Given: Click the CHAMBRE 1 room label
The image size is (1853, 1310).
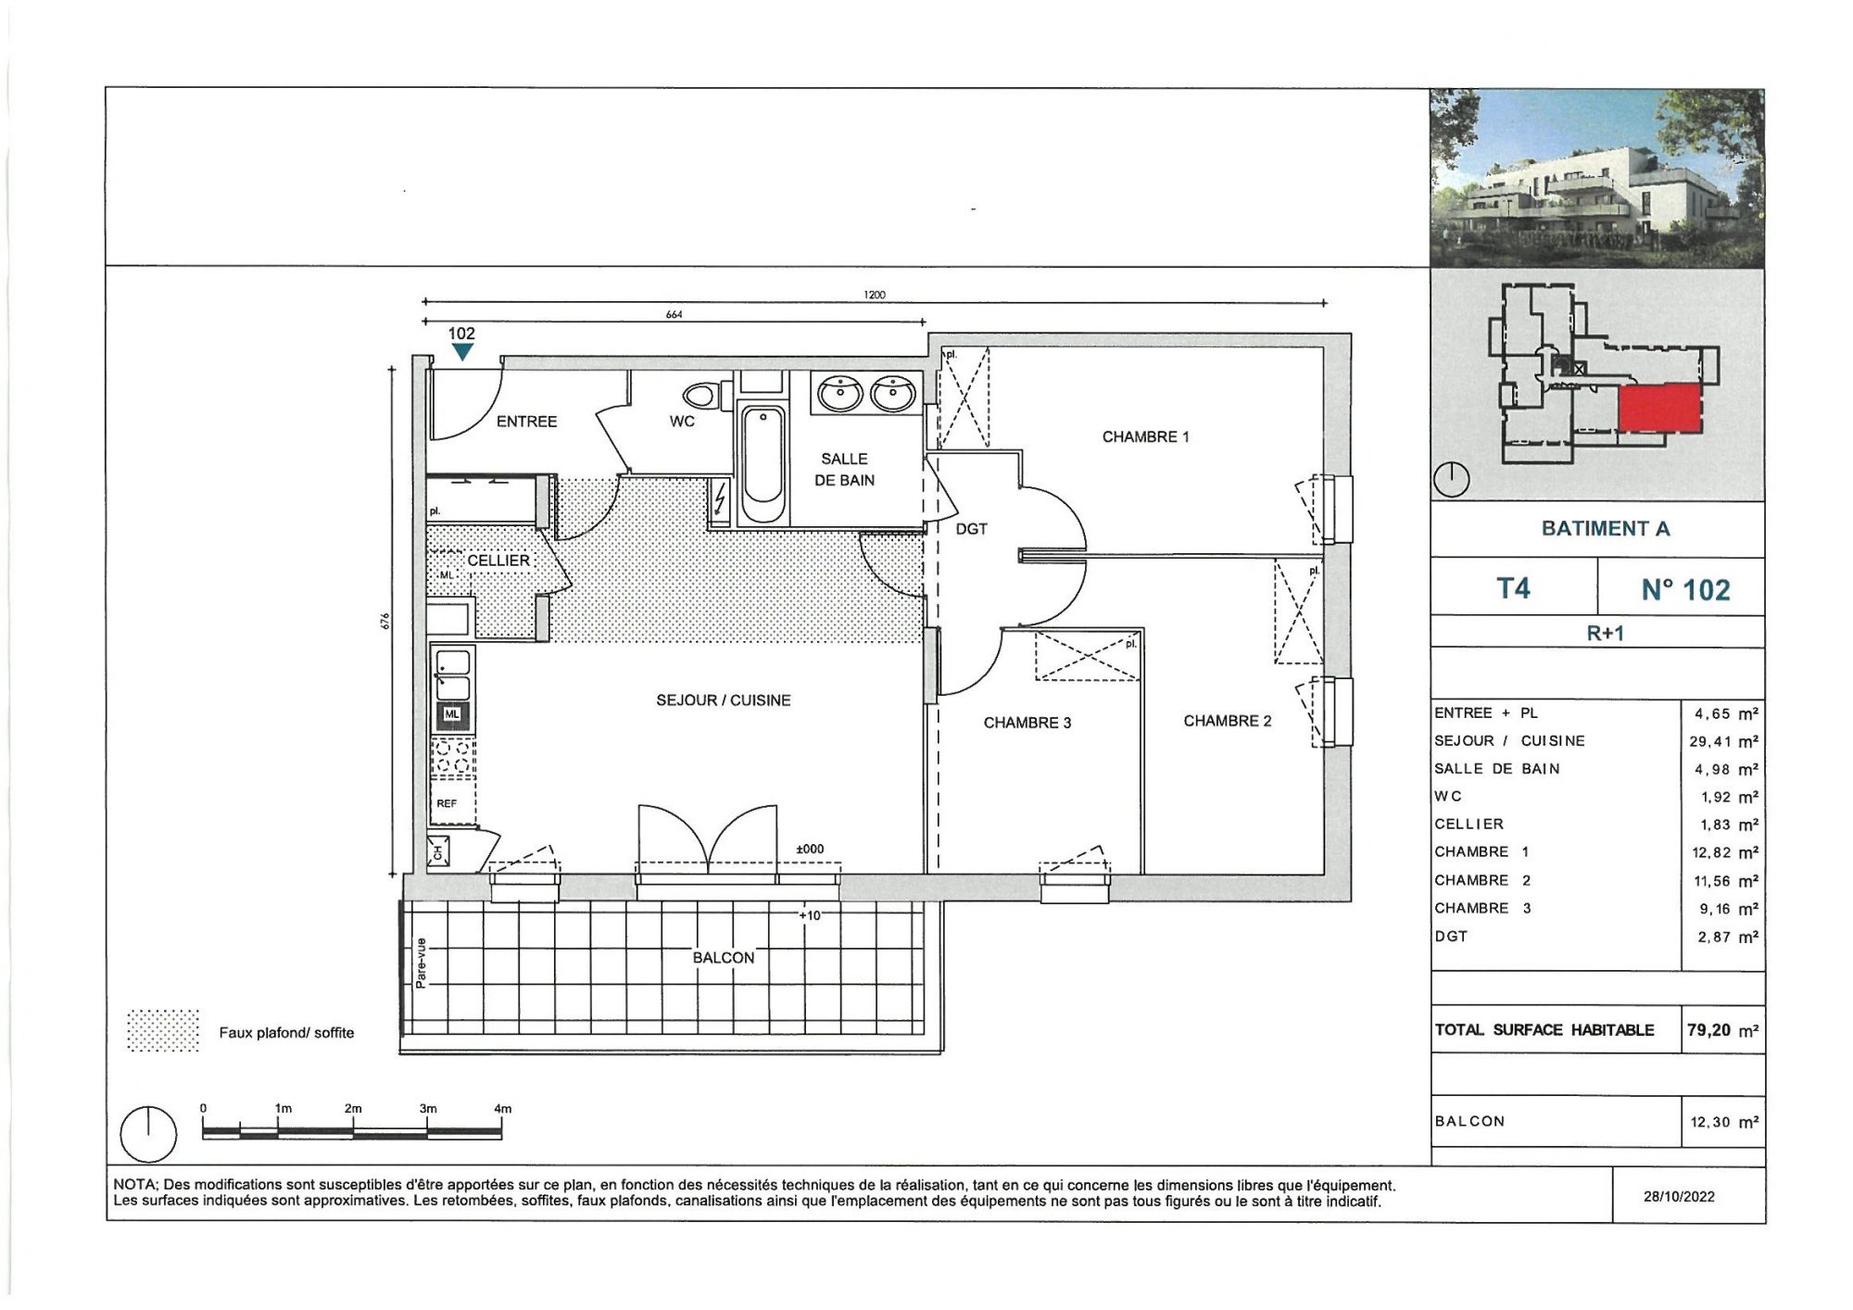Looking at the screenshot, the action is [x=1145, y=436].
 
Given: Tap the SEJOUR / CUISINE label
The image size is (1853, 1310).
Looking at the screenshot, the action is [x=724, y=700].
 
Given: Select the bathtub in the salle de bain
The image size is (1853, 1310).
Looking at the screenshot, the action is [x=763, y=464].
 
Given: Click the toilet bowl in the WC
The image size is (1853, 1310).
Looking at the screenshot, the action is [x=703, y=396].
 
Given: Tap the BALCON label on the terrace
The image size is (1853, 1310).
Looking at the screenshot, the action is [x=724, y=957].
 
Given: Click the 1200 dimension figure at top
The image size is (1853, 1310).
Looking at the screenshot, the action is [x=875, y=295].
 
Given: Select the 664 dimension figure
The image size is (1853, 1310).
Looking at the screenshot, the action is [x=674, y=314].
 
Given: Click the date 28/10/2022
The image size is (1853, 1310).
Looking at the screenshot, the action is [x=1679, y=1196].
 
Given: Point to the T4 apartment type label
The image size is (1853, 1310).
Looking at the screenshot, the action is [x=1514, y=588].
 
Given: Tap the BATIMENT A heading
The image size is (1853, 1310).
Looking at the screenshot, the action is [x=1606, y=528].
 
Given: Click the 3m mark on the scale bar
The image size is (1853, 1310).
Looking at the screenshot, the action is [x=427, y=1108].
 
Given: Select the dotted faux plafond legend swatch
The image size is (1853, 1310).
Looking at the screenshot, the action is [x=163, y=1030].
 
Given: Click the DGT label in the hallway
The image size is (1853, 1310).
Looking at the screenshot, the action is [x=972, y=529].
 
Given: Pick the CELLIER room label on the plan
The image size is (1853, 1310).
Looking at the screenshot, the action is [x=498, y=561].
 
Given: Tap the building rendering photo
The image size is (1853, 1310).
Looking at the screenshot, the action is [x=1596, y=179].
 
